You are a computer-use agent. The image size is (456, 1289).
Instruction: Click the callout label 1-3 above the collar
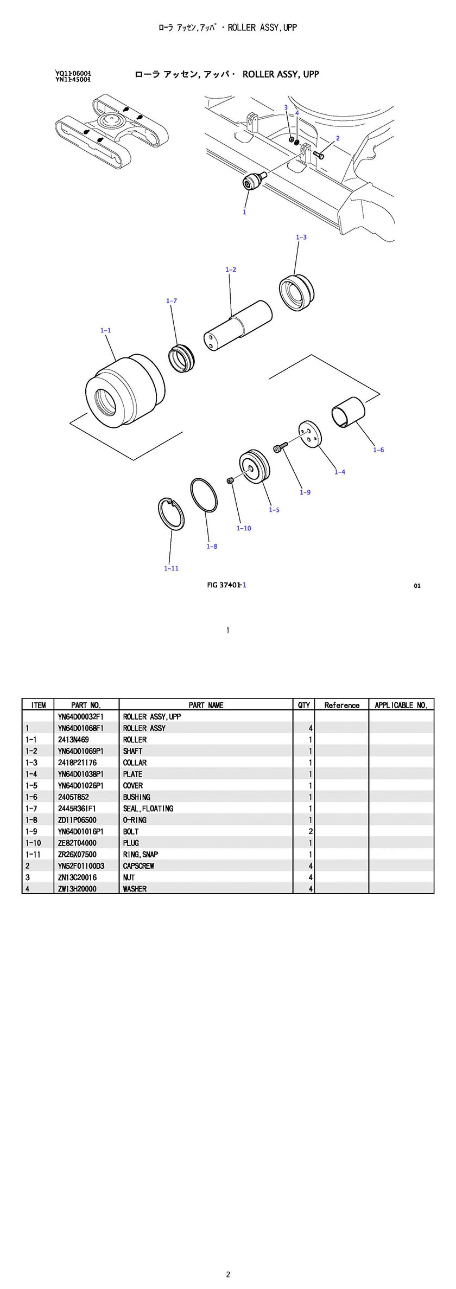[x=301, y=237]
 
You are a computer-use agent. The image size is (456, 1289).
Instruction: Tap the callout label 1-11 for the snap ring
[x=171, y=568]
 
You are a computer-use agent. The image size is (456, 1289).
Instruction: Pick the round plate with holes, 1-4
[x=310, y=435]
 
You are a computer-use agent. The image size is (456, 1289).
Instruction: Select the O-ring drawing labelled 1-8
[x=204, y=495]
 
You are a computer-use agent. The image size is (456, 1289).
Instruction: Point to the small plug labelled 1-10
[x=230, y=480]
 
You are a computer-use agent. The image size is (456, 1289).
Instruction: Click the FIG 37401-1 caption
[x=227, y=585]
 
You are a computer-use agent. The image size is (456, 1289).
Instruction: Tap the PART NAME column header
[x=206, y=705]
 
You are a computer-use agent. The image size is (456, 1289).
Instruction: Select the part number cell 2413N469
[x=73, y=740]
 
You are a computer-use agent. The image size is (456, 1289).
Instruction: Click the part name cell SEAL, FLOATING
[x=148, y=809]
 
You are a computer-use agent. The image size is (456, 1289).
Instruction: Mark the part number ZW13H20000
[x=77, y=889]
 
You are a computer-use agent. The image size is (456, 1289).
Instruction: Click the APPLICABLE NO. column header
[x=401, y=705]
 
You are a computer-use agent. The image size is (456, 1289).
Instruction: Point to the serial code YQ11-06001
[x=73, y=73]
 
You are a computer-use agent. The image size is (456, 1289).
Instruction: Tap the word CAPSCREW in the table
[x=138, y=866]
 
